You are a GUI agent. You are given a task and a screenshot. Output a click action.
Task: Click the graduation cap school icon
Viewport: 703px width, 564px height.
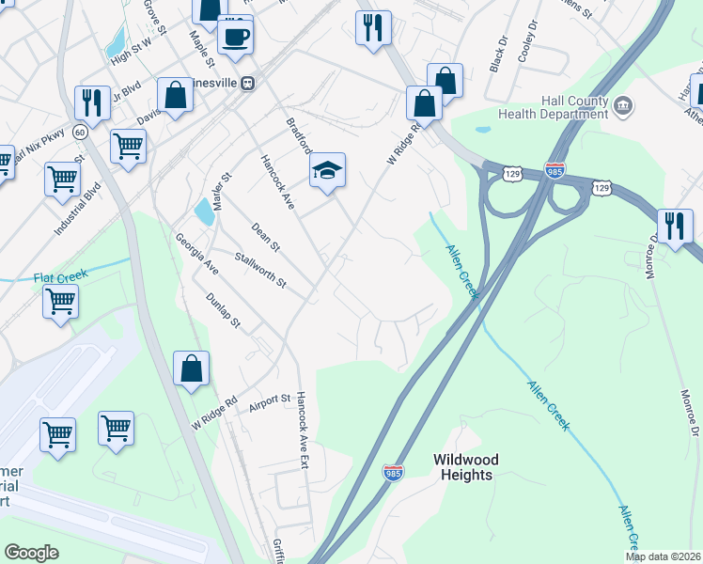(x=327, y=170)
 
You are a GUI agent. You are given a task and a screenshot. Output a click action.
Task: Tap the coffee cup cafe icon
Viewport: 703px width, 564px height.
(x=235, y=37)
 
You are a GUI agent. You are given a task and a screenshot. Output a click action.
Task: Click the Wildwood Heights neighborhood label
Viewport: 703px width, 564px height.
(x=466, y=467)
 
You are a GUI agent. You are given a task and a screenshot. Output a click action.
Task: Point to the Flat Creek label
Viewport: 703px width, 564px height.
(x=60, y=276)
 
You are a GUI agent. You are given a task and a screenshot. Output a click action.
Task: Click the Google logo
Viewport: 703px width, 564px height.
(x=32, y=553)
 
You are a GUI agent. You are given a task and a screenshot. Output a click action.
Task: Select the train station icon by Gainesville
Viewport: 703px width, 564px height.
(x=247, y=83)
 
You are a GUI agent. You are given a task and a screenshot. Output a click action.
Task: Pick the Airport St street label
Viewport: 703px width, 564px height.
(x=270, y=403)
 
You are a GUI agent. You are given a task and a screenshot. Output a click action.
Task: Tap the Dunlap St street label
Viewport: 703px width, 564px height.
(x=224, y=311)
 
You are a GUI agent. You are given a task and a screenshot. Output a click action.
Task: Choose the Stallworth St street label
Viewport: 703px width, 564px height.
(x=260, y=270)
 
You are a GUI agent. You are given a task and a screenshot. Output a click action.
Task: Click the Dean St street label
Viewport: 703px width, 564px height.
(x=266, y=237)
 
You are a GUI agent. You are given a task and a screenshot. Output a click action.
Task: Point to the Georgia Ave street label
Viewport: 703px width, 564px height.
(x=196, y=254)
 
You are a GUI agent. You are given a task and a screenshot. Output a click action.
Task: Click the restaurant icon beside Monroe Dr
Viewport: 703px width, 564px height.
(x=675, y=226)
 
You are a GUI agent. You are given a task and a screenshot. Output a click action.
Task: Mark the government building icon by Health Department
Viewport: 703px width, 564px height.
(x=622, y=108)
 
